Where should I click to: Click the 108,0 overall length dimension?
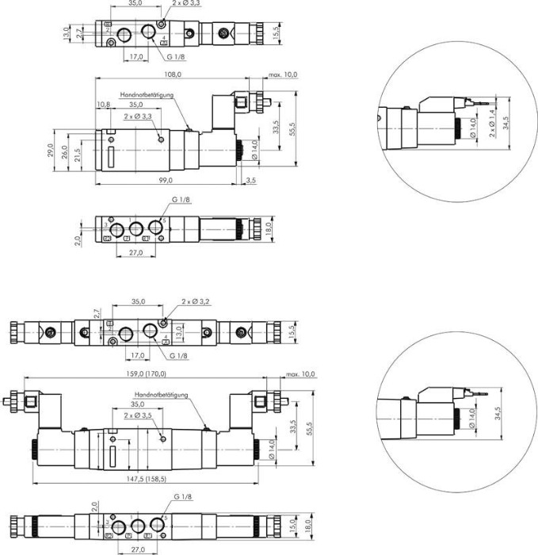pos(172,75)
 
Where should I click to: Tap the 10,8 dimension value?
pos(103,104)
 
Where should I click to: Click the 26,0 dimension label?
pos(64,150)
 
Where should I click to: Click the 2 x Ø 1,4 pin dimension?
pos(492,126)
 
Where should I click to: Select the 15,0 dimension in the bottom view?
pos(292,526)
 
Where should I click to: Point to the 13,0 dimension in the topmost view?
pos(66,32)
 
